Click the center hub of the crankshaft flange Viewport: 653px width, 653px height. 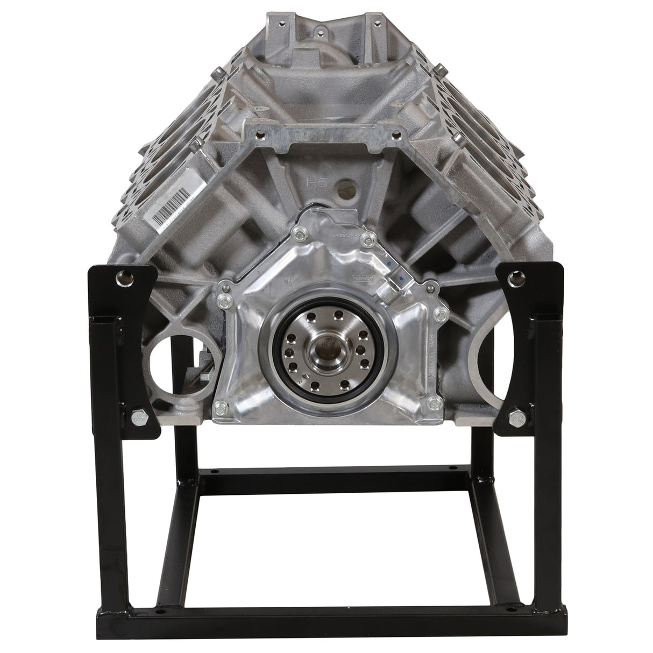[326, 355]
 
